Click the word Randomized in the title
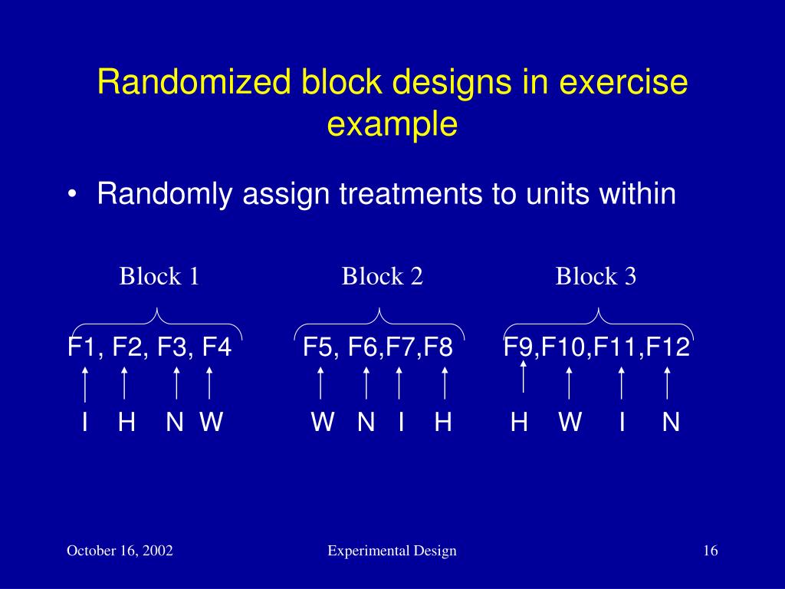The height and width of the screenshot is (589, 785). click(x=195, y=83)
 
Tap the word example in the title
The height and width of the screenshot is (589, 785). click(x=392, y=124)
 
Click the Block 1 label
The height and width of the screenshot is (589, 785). click(x=159, y=276)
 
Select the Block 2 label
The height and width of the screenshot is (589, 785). click(x=383, y=276)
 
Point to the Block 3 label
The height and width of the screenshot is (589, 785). click(x=596, y=276)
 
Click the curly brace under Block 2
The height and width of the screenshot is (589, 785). click(x=379, y=322)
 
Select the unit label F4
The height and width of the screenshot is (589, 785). click(x=216, y=348)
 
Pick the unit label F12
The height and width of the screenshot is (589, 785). click(x=668, y=348)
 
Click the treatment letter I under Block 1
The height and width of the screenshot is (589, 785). click(x=85, y=422)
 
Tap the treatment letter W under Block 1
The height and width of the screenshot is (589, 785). click(x=211, y=422)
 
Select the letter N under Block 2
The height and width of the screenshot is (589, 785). click(x=366, y=422)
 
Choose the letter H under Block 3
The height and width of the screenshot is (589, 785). click(x=519, y=422)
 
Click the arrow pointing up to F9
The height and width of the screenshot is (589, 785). click(x=523, y=377)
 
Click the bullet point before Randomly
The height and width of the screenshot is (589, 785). click(x=71, y=196)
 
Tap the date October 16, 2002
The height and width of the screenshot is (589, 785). click(x=120, y=551)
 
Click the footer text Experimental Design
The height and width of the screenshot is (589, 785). click(x=392, y=551)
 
